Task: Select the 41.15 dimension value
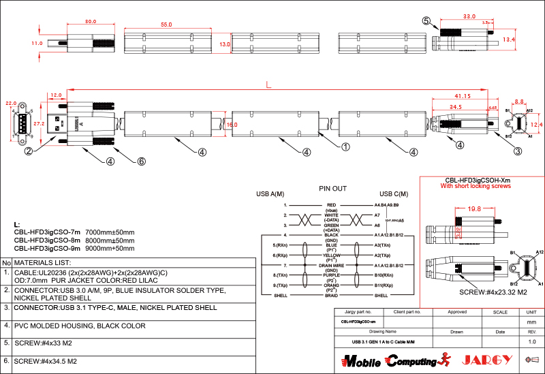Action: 463,95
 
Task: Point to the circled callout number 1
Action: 345,146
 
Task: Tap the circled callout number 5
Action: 426,21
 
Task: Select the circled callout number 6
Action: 142,161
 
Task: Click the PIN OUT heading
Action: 333,188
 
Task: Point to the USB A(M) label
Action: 270,195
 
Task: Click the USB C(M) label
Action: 394,195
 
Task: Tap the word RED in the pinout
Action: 331,204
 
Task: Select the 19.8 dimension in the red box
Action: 474,209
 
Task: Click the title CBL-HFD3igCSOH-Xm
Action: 474,180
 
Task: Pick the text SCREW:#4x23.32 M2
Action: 475,292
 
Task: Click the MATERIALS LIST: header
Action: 43,262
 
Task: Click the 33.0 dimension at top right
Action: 469,16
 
